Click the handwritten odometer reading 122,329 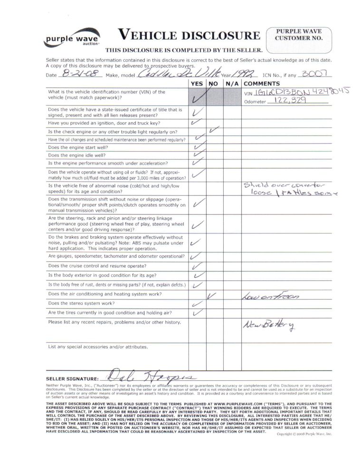(290, 101)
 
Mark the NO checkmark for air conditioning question (212, 296)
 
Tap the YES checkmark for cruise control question (197, 266)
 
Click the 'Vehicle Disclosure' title (189, 35)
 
